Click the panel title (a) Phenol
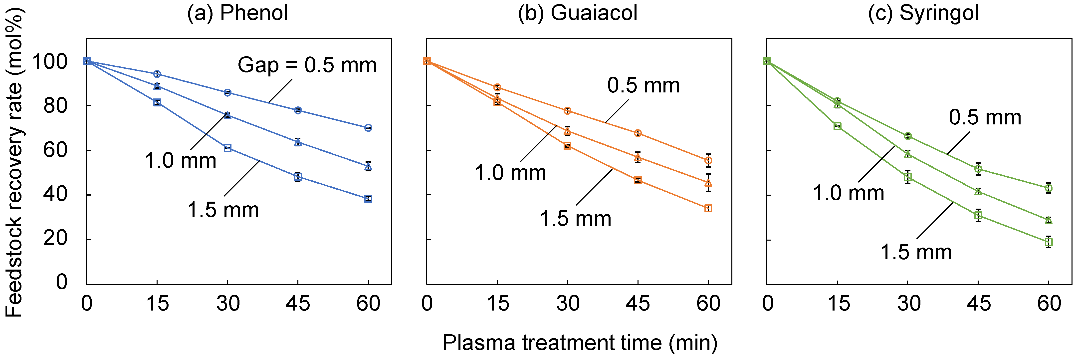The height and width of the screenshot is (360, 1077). pyautogui.click(x=237, y=13)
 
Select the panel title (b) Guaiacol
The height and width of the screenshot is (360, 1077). pyautogui.click(x=577, y=13)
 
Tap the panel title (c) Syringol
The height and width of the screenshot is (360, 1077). pyautogui.click(x=923, y=13)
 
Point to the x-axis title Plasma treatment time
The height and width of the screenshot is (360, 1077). pyautogui.click(x=580, y=343)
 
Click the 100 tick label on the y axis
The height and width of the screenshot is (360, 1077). pyautogui.click(x=50, y=62)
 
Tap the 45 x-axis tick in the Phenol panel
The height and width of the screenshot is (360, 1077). pyautogui.click(x=298, y=304)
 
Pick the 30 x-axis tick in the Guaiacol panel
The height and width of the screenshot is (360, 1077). pyautogui.click(x=567, y=304)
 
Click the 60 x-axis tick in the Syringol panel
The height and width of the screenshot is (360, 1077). pyautogui.click(x=1049, y=304)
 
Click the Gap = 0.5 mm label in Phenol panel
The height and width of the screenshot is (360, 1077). pyautogui.click(x=307, y=65)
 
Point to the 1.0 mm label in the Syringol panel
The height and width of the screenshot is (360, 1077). pyautogui.click(x=848, y=193)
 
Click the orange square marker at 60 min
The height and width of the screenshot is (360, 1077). pyautogui.click(x=708, y=208)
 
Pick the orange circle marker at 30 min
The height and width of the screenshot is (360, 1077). pyautogui.click(x=567, y=111)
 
